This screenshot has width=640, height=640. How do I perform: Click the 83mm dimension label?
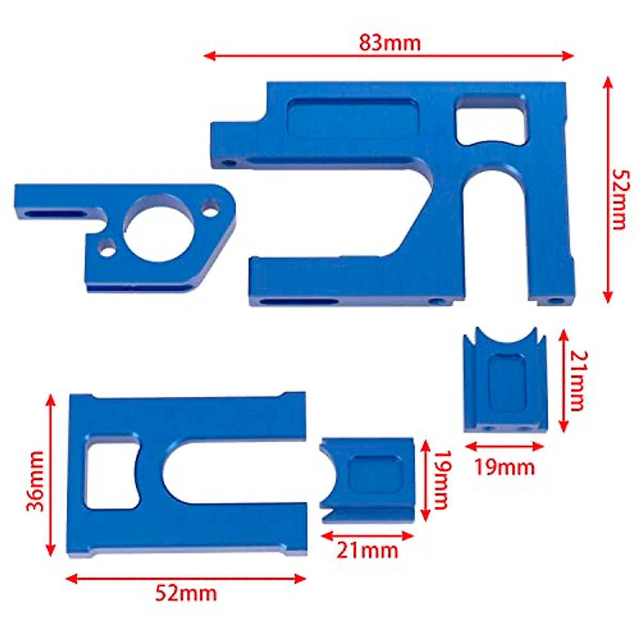(x=389, y=43)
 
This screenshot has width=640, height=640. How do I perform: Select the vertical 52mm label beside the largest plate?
(x=619, y=199)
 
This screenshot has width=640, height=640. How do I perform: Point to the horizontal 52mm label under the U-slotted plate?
(x=186, y=593)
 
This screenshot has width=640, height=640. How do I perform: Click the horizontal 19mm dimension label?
(x=504, y=467)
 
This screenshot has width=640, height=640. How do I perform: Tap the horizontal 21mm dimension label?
(x=367, y=550)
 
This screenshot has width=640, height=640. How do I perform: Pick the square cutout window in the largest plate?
(x=491, y=120)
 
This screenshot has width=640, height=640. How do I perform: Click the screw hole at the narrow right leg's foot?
(x=556, y=301)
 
